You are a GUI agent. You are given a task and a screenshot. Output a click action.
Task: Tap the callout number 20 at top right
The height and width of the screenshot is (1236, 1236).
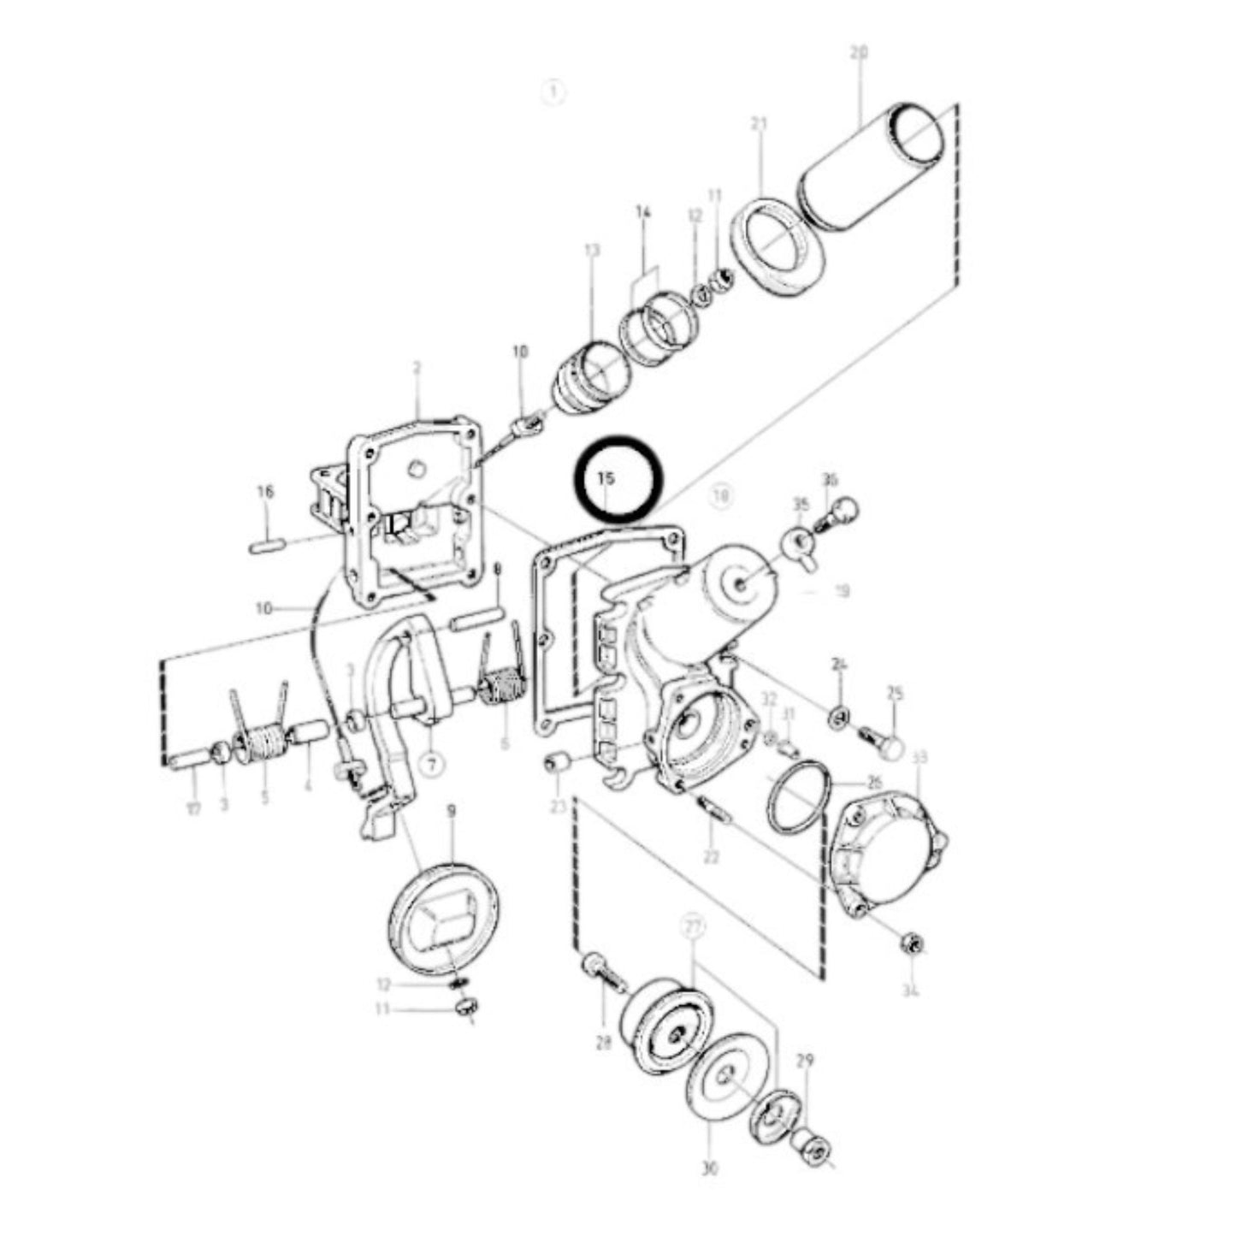859,53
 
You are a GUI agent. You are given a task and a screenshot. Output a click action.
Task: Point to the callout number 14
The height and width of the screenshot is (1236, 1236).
643,211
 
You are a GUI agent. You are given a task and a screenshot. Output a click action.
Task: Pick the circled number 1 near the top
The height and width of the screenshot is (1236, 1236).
554,92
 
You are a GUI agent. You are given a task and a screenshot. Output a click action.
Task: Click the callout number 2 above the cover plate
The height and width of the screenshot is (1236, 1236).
417,368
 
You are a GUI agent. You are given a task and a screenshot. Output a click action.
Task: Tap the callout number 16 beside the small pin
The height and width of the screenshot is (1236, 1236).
265,492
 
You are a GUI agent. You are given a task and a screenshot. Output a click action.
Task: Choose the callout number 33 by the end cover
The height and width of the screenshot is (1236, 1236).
920,758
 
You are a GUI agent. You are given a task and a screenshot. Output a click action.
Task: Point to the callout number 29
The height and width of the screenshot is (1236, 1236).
805,1061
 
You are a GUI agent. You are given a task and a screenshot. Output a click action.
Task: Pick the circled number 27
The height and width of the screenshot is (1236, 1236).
691,926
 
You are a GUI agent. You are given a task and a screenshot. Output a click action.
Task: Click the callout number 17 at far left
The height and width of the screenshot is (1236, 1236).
194,808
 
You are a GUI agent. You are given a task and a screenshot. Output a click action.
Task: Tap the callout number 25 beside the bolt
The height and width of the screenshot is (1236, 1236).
895,693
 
